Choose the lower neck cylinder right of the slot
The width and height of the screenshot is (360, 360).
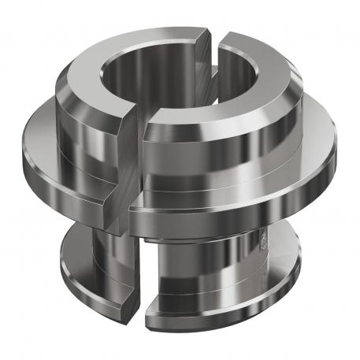pos(197,268)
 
